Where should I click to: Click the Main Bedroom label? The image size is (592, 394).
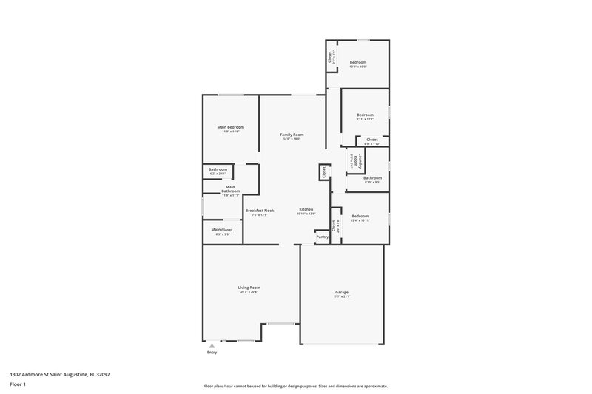tap(230, 127)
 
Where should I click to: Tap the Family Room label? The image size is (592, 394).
tap(292, 135)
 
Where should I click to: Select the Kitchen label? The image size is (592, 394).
tap(306, 210)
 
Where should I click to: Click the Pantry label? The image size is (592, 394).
tap(322, 237)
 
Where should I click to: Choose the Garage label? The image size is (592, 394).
tap(341, 292)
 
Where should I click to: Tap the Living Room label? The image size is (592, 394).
tap(249, 288)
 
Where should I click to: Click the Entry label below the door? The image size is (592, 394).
tap(212, 352)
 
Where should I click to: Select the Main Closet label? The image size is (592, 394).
tap(221, 230)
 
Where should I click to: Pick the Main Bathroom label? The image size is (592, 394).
tap(230, 189)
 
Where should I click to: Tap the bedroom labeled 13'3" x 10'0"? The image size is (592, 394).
tap(358, 62)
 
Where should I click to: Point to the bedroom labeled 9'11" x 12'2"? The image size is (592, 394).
tap(365, 115)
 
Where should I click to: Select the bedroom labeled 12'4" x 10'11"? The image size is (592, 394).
tap(360, 217)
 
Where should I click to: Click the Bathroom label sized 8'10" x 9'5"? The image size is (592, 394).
tap(372, 177)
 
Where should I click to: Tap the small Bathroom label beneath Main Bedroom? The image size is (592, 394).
tap(218, 170)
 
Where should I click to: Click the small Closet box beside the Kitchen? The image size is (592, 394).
tap(323, 171)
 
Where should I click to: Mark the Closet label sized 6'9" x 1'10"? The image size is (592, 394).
tap(371, 140)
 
